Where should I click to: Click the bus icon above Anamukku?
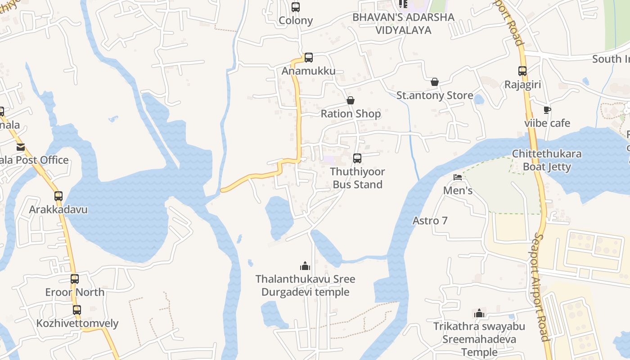(308, 58)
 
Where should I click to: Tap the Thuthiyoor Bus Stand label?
(357, 178)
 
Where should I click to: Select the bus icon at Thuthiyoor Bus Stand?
(357, 158)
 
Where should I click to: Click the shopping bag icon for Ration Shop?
(351, 100)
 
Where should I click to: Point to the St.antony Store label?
(434, 95)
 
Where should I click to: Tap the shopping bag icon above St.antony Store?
(435, 82)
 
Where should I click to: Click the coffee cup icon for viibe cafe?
(547, 110)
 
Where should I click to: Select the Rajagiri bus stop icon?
(522, 71)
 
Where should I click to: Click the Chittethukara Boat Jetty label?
(547, 160)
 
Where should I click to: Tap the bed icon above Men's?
(458, 177)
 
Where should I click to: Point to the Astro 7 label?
(430, 220)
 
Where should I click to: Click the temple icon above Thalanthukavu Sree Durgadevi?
(305, 266)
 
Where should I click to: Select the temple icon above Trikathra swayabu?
(479, 313)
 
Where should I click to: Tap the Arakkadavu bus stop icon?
(58, 196)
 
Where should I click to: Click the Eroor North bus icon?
(75, 279)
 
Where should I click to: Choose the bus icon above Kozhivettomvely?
(77, 310)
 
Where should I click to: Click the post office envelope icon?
(21, 147)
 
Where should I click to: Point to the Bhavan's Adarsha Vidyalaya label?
(403, 23)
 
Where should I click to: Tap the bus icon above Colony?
(296, 7)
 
